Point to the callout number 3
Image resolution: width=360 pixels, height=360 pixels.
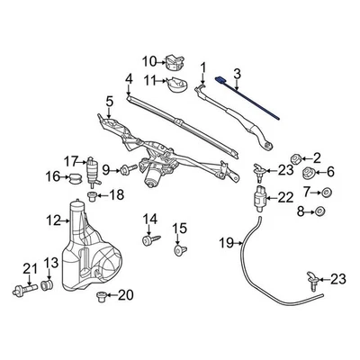(x=238, y=74)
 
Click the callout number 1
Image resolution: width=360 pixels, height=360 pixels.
(x=203, y=66)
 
